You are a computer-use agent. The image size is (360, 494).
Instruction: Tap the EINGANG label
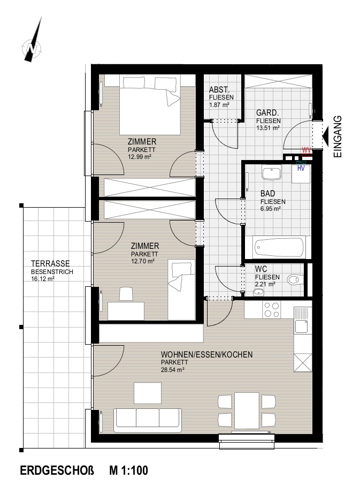[338, 136]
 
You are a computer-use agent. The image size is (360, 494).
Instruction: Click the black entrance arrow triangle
[327, 136]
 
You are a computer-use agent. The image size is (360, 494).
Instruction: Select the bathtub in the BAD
[279, 247]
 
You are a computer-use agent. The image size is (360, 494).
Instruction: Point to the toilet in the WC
[295, 279]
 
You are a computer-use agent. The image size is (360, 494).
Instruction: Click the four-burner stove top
[272, 309]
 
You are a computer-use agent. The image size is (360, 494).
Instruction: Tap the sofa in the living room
[148, 421]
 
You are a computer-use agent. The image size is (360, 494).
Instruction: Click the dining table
[247, 410]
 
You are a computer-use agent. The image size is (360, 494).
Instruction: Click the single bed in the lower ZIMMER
[181, 290]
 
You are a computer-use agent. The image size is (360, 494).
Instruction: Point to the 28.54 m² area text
[173, 370]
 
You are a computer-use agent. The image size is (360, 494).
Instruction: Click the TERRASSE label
[50, 263]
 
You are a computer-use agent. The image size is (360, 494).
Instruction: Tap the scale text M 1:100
[128, 470]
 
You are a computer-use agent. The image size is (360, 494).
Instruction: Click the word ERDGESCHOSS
[57, 470]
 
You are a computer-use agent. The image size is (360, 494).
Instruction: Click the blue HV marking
[301, 169]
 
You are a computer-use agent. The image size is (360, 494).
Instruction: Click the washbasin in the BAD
[271, 173]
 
